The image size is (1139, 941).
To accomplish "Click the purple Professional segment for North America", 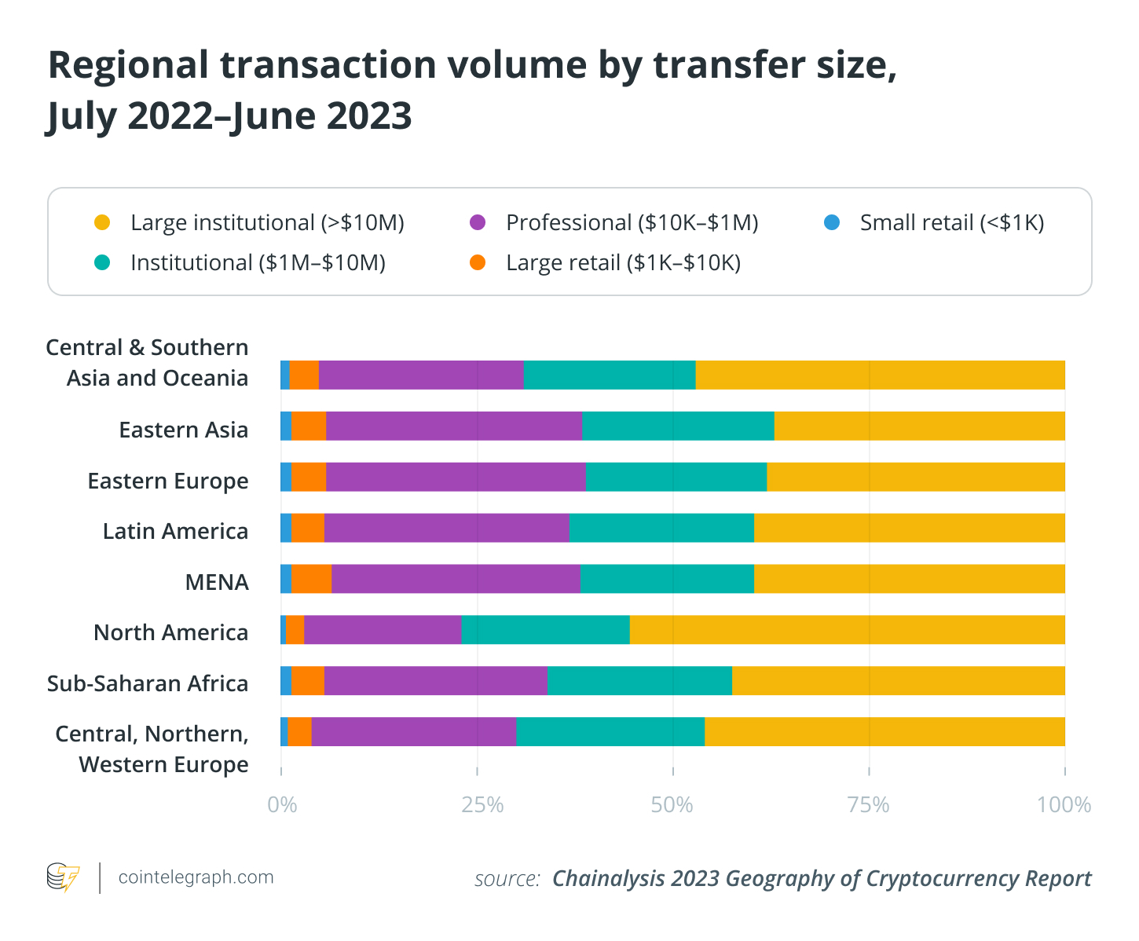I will [383, 630].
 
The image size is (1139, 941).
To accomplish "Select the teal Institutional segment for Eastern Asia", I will [678, 426].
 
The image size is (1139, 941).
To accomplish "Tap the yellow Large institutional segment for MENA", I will [909, 579].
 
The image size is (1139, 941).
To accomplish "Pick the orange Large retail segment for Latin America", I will [308, 528].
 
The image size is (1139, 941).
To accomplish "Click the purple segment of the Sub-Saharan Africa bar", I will [436, 681].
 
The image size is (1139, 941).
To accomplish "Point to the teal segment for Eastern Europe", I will [676, 477].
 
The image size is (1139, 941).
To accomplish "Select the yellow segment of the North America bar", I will [847, 630].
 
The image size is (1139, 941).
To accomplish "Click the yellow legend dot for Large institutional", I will [102, 223].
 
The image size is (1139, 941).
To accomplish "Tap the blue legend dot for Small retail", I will [832, 223].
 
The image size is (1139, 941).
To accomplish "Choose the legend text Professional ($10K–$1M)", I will [632, 223].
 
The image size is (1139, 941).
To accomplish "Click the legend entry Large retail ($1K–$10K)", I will [623, 262].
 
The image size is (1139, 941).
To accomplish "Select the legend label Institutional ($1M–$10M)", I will [258, 262].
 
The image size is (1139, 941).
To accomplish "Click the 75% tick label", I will [869, 805].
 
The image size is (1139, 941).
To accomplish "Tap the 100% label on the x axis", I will [1064, 805].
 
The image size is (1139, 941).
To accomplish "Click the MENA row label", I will [217, 582].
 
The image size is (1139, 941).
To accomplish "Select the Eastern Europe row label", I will [168, 481].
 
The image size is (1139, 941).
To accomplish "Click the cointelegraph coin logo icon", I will [64, 877].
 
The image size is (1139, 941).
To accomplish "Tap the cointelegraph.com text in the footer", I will [196, 877].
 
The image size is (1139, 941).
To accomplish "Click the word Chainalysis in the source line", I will [608, 878].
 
